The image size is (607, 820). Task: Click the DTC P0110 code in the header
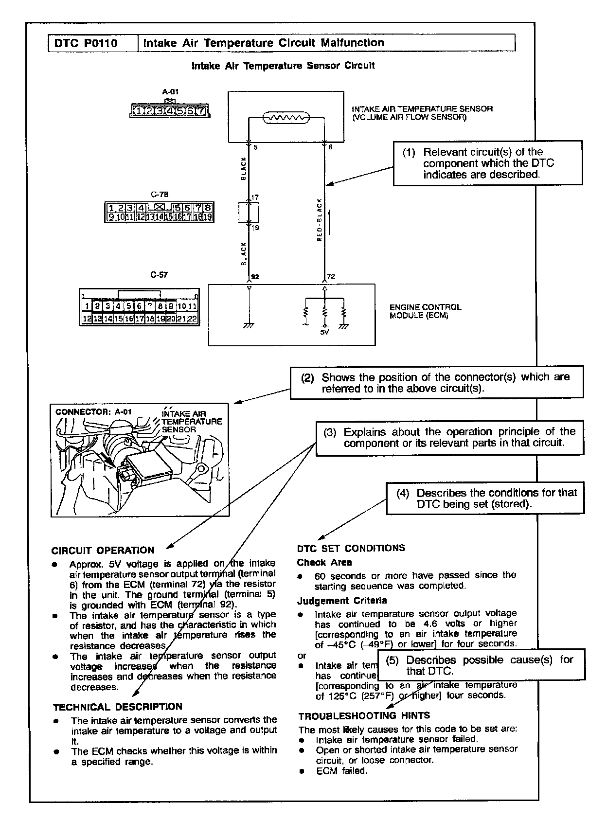pos(86,43)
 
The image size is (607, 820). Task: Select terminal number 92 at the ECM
pos(255,277)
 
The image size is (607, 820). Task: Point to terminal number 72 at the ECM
pos(331,277)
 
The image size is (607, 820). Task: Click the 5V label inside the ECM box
pos(324,333)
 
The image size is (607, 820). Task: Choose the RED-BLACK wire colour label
pos(320,220)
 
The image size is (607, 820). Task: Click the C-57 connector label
pos(159,275)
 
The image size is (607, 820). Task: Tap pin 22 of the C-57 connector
pos(192,319)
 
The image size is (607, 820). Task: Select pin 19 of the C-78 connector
pos(208,217)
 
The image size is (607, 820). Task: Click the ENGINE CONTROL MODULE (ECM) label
pos(425,311)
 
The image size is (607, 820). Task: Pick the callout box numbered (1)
pos(487,163)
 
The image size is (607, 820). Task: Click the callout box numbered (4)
pos(485,498)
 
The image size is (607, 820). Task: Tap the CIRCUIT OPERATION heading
pos(103,551)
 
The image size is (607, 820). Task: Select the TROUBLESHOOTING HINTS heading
pos(364,716)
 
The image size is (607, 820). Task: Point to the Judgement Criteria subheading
pos(342,601)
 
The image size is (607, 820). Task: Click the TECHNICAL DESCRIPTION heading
pos(117,707)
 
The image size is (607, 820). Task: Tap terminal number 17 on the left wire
pos(255,197)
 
